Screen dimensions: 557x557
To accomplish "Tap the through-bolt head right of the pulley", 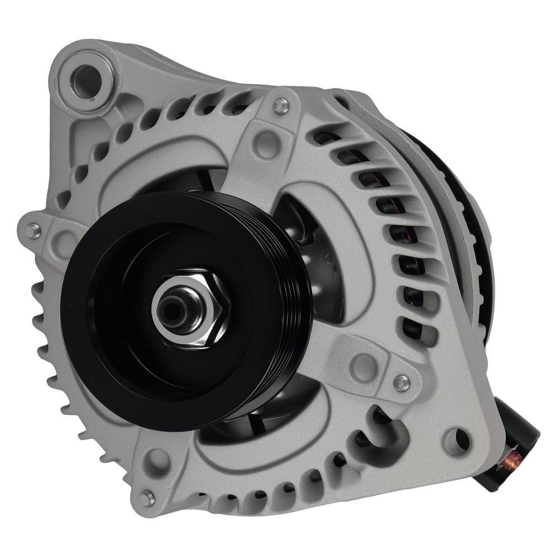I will (x=399, y=382).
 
